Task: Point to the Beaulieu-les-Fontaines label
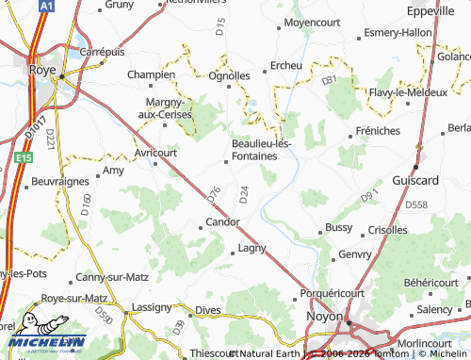(261, 149)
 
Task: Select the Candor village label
(222, 222)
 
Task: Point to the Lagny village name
(252, 249)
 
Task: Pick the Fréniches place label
(379, 131)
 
